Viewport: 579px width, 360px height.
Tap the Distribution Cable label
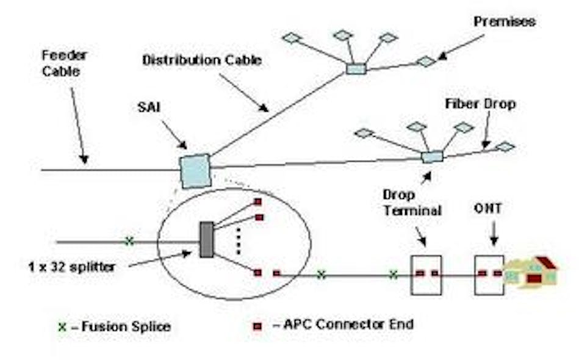click(x=202, y=60)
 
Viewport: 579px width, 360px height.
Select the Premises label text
click(x=504, y=22)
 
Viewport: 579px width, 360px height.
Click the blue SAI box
click(x=195, y=170)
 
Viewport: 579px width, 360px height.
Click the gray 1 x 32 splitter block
click(x=206, y=239)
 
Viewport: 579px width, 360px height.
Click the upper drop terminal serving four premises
click(x=356, y=68)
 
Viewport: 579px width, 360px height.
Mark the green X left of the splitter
click(x=129, y=241)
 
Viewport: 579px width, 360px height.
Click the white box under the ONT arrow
click(x=489, y=275)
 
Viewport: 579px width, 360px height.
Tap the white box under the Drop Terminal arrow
click(x=426, y=275)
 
